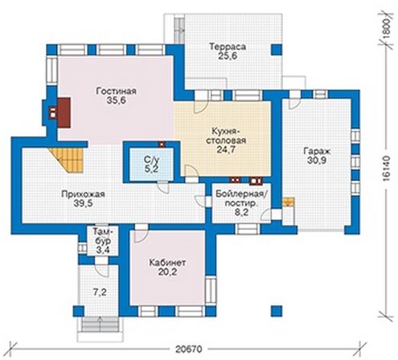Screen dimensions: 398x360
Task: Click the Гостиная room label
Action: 117,91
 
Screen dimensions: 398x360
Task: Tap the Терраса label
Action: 228,47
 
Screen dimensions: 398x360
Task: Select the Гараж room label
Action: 317,151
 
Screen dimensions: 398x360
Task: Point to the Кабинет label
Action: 167,263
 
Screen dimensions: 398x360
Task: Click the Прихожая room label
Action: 83,194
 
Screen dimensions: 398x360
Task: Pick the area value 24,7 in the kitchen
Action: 226,149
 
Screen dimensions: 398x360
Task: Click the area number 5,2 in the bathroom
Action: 151,169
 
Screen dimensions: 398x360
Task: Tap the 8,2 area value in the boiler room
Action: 241,212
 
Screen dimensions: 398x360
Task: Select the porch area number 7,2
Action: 100,292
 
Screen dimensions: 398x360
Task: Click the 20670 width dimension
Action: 189,350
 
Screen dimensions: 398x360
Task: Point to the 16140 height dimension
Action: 386,168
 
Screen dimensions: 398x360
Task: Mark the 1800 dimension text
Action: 386,29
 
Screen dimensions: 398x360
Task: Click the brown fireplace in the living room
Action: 64,112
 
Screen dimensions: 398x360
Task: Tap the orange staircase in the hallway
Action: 68,159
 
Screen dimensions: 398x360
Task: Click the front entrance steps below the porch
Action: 100,325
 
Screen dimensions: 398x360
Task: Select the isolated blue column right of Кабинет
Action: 277,311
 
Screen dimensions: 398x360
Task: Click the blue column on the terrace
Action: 277,50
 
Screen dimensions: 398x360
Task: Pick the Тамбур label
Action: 102,235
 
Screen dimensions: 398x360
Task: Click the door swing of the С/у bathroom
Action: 163,187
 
